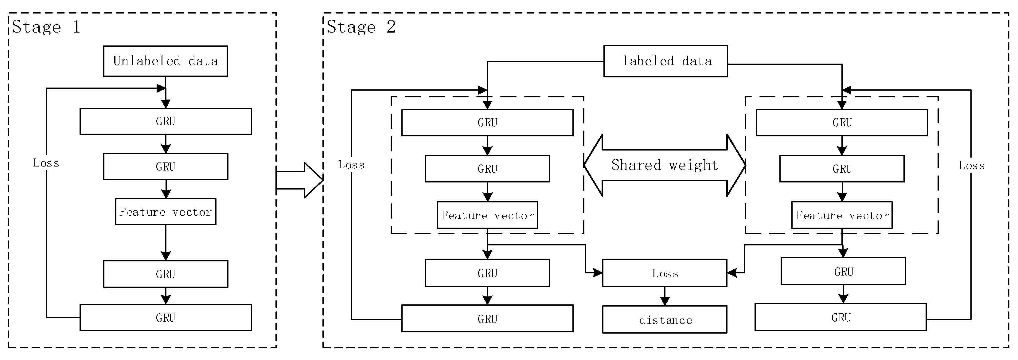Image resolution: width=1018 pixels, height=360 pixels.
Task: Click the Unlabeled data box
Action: (x=165, y=61)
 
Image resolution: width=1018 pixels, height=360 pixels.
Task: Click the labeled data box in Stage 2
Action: (x=665, y=61)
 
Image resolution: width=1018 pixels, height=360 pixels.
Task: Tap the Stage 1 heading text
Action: (x=46, y=27)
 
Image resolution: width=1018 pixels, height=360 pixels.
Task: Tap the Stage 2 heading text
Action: (x=361, y=27)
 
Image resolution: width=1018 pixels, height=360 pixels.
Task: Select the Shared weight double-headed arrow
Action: (x=665, y=165)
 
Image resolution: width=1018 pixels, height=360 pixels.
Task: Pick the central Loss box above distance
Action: (x=665, y=273)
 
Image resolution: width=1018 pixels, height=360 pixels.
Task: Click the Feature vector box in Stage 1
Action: (x=166, y=212)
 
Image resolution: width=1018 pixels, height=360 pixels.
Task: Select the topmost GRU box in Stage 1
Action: (x=166, y=121)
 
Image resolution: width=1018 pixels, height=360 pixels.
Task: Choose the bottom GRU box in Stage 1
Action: (x=166, y=317)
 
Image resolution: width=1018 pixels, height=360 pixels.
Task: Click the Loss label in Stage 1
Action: (x=46, y=163)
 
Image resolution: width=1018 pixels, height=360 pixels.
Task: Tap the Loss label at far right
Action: (x=971, y=166)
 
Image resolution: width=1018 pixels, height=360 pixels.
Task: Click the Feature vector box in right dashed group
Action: (x=842, y=215)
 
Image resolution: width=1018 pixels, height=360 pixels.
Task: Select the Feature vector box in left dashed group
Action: (x=487, y=215)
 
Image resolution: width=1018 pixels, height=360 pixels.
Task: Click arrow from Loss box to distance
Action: (x=665, y=296)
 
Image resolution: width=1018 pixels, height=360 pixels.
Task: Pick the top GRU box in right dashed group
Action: (x=842, y=123)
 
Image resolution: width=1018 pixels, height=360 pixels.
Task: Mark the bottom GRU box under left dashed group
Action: (x=487, y=319)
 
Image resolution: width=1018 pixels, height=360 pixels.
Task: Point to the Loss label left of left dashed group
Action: (x=351, y=165)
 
